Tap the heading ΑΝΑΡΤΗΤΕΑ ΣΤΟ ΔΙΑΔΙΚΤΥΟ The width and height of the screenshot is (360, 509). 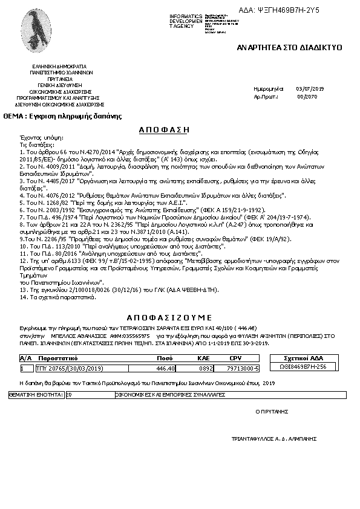pos(289,47)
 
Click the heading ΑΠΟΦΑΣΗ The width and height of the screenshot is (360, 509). pos(164,129)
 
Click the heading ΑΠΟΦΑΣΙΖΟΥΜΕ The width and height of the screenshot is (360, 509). pos(169,317)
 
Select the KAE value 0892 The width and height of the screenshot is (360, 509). pos(207,368)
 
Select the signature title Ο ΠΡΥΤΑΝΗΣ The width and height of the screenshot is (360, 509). pos(272,410)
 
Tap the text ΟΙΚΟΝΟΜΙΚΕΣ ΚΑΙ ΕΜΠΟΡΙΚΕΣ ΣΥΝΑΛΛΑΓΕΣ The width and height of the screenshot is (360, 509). pos(170,394)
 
